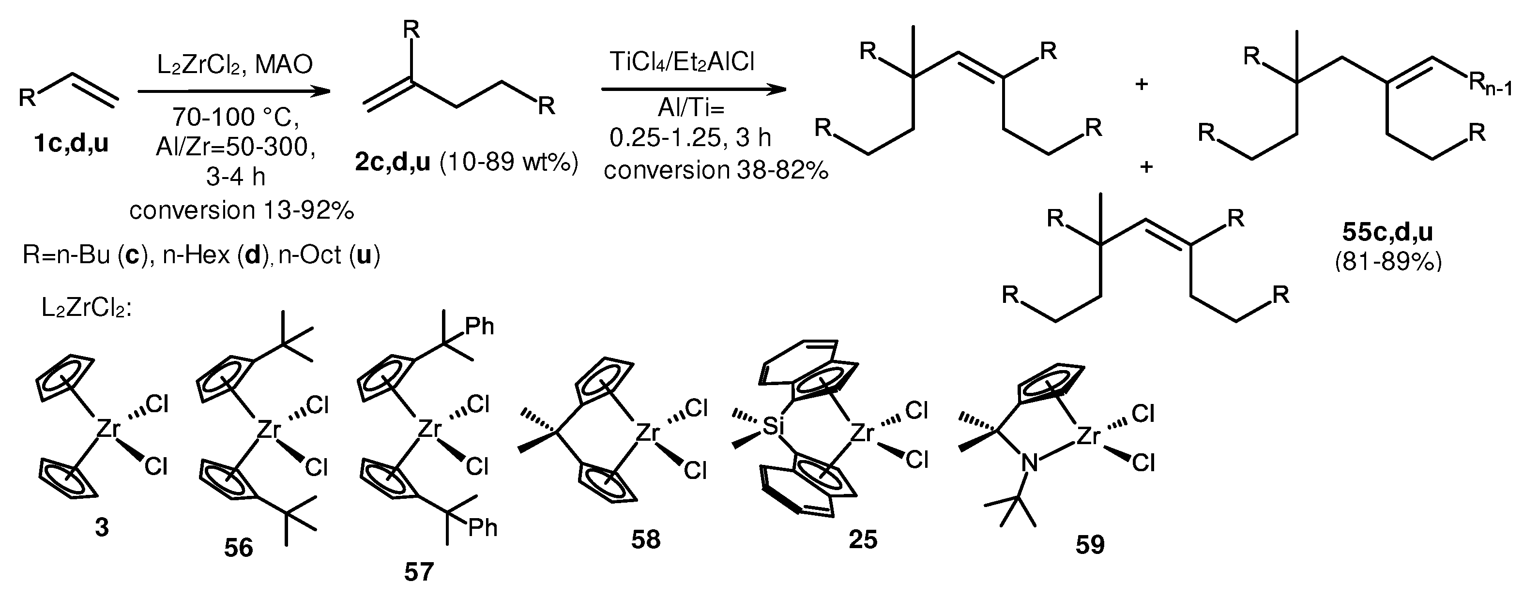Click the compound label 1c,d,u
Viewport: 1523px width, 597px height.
72,144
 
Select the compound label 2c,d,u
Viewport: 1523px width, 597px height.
393,162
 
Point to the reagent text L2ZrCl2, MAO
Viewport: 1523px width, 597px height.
235,64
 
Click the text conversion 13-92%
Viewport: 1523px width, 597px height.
241,210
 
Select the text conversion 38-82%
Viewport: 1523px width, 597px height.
716,171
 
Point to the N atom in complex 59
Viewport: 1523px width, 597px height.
1029,463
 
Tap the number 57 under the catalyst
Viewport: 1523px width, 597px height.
419,571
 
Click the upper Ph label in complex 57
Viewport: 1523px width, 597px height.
479,326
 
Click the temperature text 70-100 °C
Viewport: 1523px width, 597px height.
236,118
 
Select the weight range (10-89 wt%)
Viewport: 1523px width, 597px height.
508,162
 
